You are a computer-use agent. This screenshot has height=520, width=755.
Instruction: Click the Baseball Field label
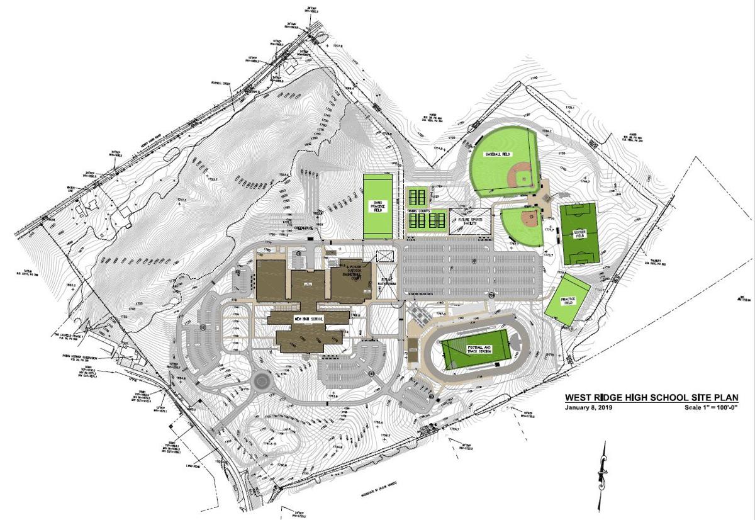point(496,154)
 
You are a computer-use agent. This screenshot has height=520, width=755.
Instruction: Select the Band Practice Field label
point(379,205)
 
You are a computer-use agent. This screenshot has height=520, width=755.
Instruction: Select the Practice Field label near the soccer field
point(568,302)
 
